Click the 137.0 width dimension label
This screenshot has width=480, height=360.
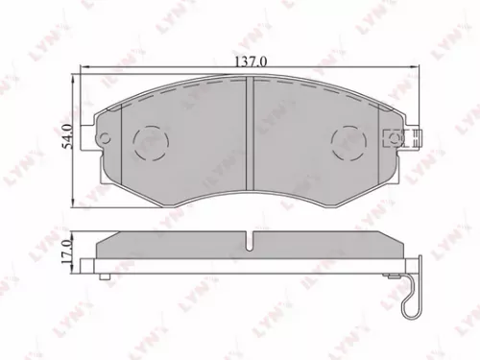pos(248,60)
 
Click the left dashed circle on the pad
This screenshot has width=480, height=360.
pos(149,145)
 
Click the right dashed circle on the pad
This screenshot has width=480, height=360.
pos(348,145)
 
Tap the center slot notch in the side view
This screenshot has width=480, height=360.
pos(250,241)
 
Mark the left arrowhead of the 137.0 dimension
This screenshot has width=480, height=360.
pos(81,68)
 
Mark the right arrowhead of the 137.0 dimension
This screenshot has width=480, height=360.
pos(419,68)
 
